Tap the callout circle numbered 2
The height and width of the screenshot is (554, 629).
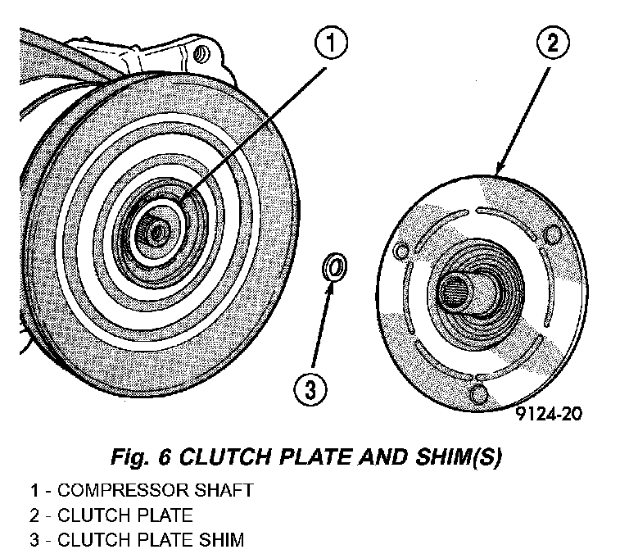click(x=553, y=44)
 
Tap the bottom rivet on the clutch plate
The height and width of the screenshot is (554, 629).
click(x=477, y=395)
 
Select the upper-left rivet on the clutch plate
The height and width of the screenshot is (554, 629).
click(x=400, y=249)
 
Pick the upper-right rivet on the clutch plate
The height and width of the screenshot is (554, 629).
click(x=552, y=237)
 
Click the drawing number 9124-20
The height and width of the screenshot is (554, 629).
click(x=550, y=414)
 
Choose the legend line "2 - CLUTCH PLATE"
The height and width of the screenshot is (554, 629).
click(x=111, y=515)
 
